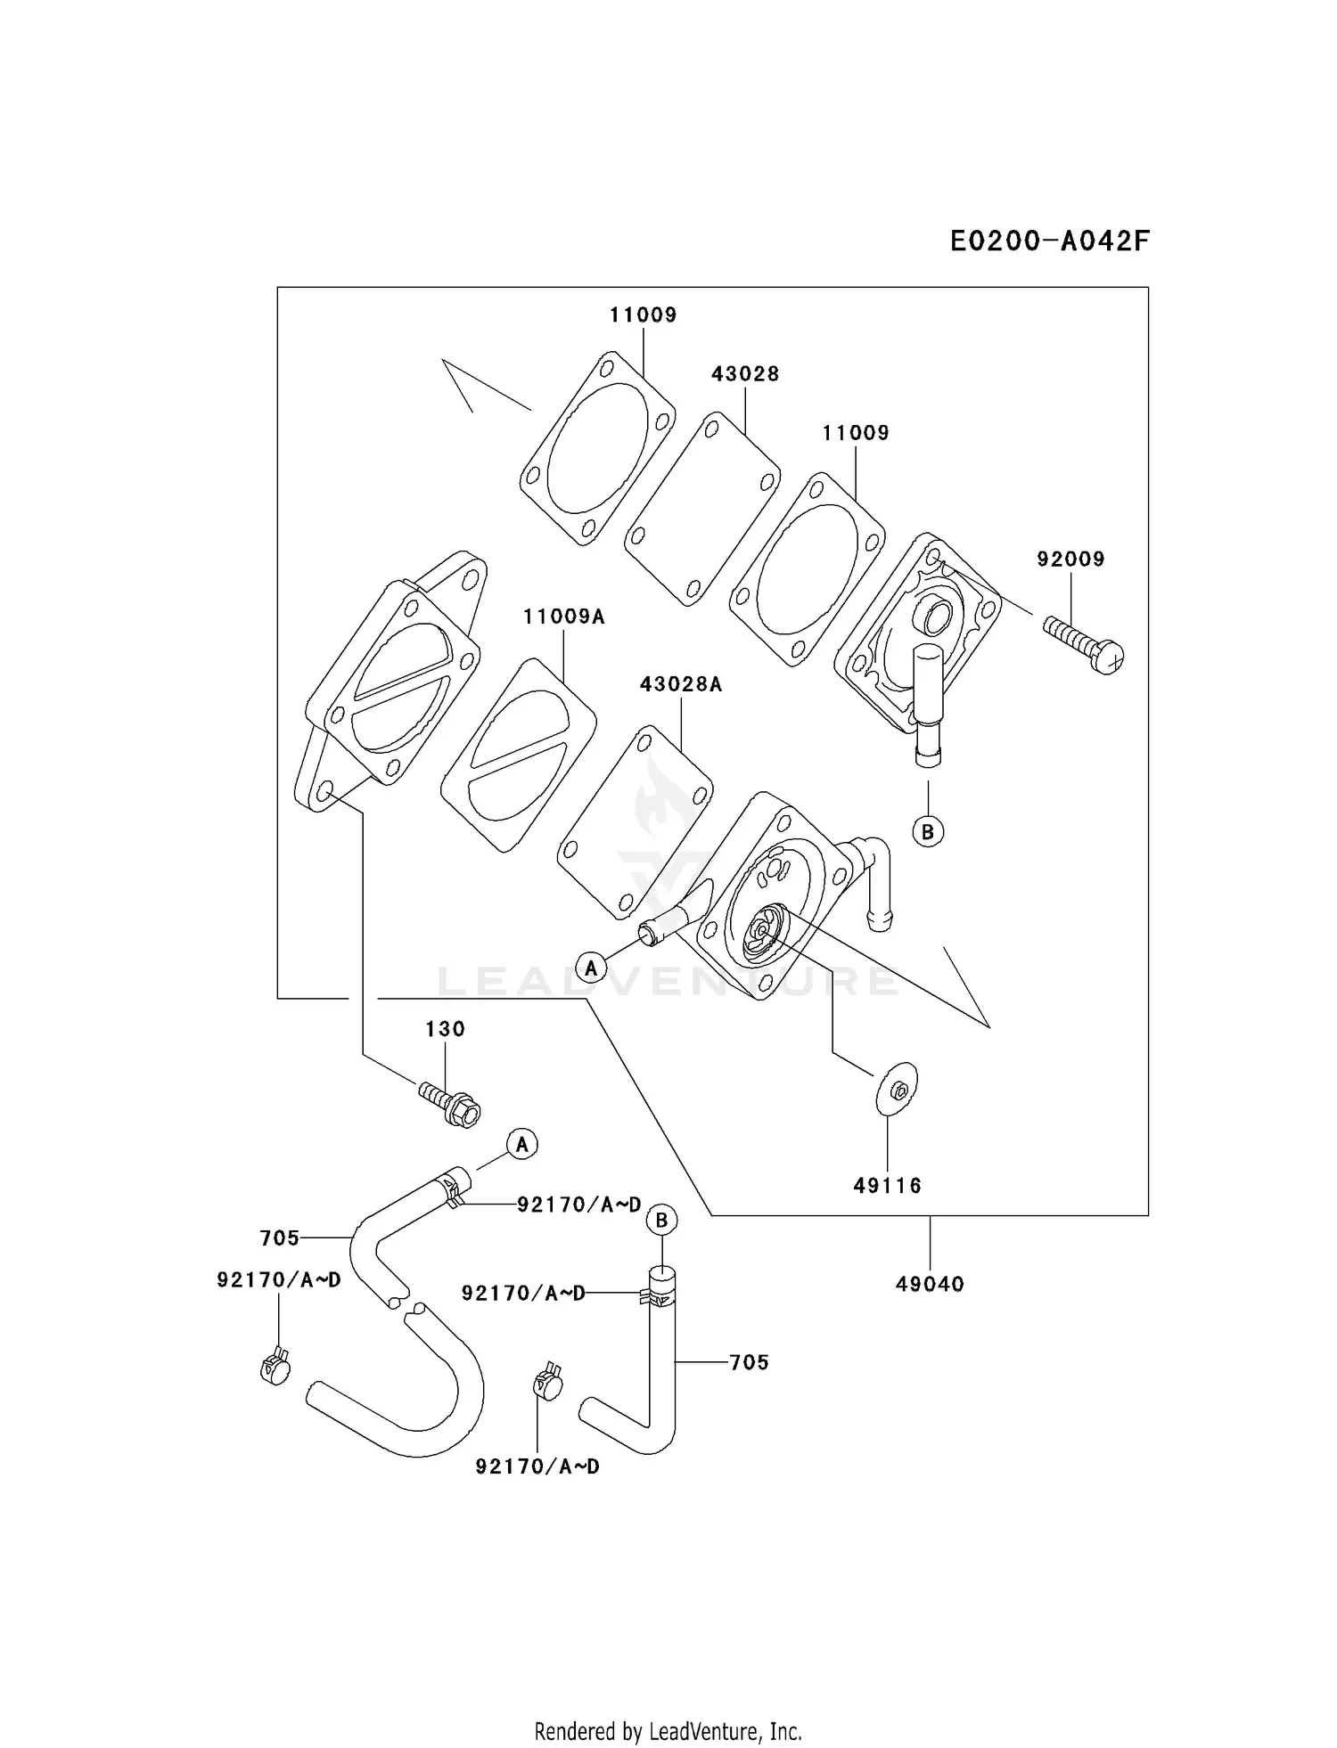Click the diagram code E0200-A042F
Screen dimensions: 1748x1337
click(x=1049, y=241)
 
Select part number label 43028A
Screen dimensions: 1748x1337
click(x=680, y=684)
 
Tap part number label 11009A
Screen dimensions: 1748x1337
click(x=563, y=617)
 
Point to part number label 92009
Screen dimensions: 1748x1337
click(x=1070, y=560)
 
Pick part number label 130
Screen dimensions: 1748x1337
click(x=445, y=1030)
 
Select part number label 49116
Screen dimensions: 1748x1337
click(x=887, y=1186)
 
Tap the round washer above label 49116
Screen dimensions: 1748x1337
click(x=896, y=1089)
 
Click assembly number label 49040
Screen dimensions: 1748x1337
click(x=930, y=1284)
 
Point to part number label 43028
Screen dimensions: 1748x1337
click(x=745, y=374)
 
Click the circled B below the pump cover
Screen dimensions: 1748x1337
click(x=928, y=831)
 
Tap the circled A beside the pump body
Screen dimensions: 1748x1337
click(x=590, y=967)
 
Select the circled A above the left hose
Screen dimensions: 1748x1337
click(x=522, y=1144)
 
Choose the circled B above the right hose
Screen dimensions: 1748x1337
click(x=661, y=1220)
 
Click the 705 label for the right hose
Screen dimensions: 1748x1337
click(x=749, y=1362)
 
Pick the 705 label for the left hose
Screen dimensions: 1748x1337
click(x=280, y=1238)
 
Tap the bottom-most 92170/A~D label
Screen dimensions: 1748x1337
click(x=537, y=1466)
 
